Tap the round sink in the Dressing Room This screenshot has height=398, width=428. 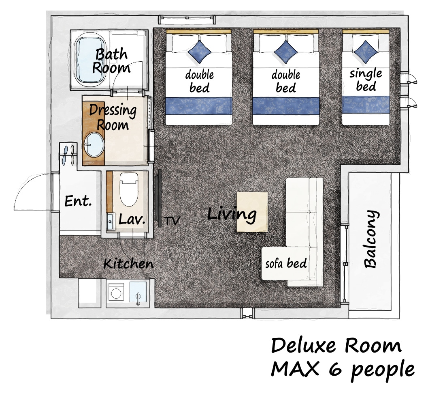click(x=94, y=145)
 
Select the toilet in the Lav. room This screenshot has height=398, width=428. click(x=129, y=189)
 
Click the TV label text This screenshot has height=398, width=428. click(x=172, y=220)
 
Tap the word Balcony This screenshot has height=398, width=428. click(x=371, y=239)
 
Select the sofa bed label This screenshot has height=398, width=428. click(x=286, y=263)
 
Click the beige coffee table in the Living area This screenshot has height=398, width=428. click(x=252, y=212)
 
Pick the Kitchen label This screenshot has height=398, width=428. click(x=129, y=264)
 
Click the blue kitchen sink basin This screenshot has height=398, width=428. click(x=138, y=292)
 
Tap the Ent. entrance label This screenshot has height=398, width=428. click(x=78, y=201)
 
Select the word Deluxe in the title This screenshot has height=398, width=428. click(x=303, y=346)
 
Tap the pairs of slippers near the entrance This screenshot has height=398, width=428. click(x=68, y=155)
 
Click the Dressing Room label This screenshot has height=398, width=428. click(x=113, y=118)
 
